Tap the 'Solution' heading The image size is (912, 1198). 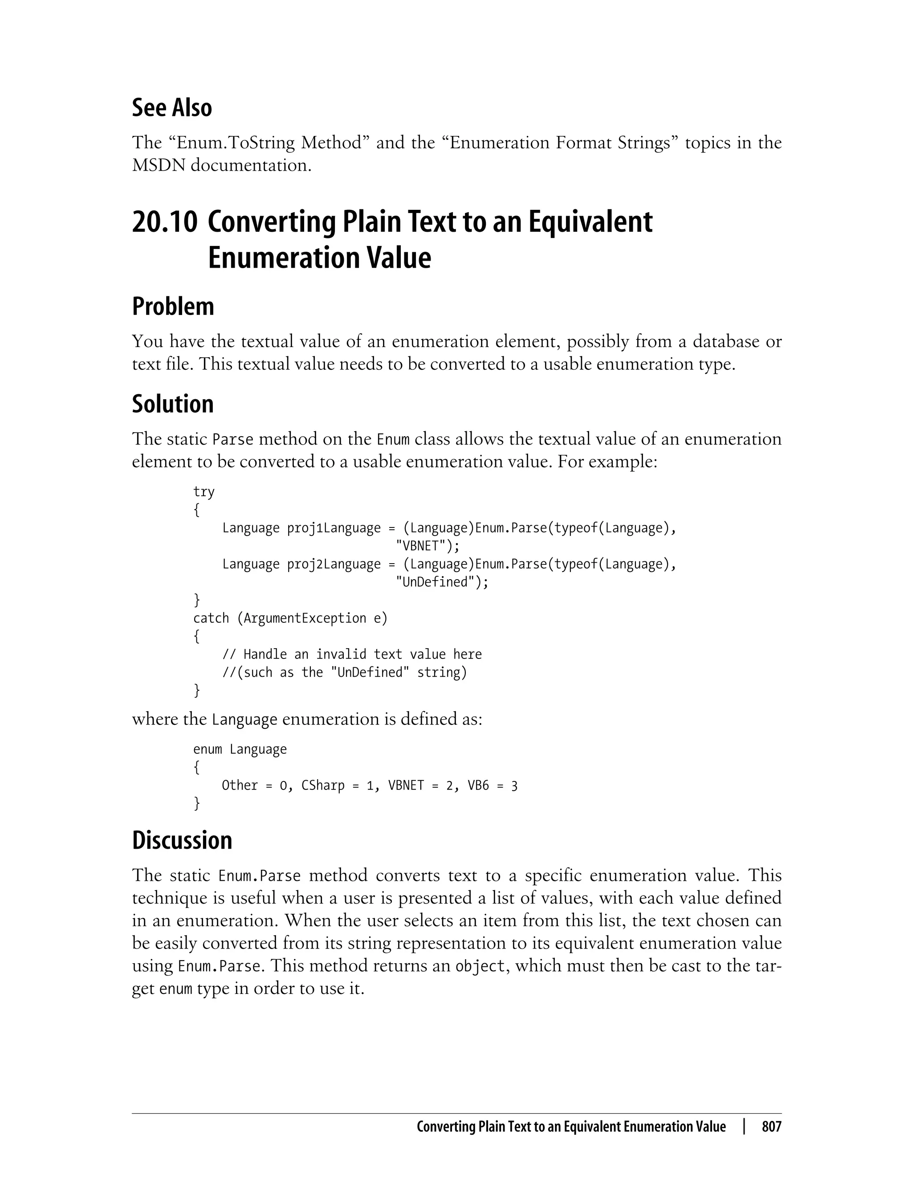pos(173,404)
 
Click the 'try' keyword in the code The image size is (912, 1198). pos(204,492)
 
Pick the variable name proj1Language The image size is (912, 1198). pos(334,528)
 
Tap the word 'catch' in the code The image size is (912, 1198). pos(211,618)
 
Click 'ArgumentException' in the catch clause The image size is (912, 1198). pos(305,618)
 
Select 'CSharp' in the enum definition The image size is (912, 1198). pos(323,786)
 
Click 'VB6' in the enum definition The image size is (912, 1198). pos(478,786)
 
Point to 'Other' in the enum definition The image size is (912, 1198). pos(240,786)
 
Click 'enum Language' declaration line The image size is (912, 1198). pos(240,749)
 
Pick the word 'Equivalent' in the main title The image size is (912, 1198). pos(590,222)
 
